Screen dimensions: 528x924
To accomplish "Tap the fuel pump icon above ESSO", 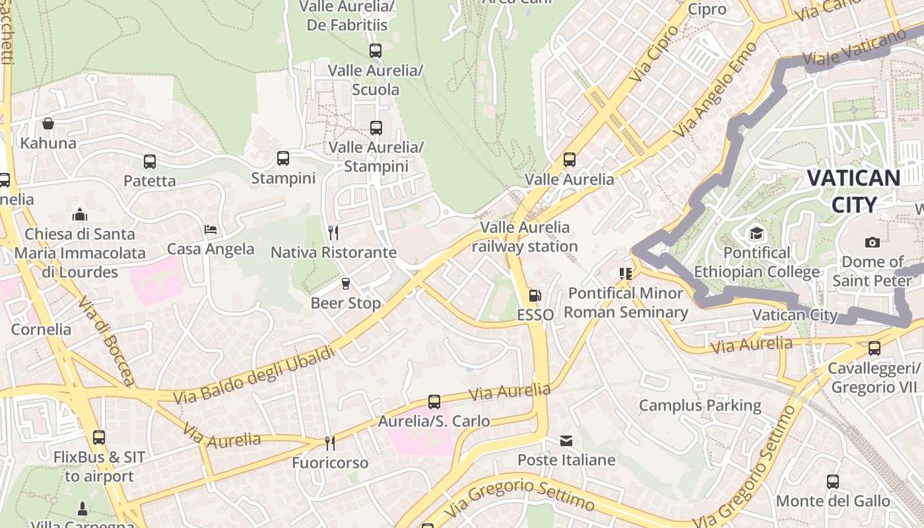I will tap(535, 296).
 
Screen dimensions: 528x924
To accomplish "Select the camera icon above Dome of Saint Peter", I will tap(872, 242).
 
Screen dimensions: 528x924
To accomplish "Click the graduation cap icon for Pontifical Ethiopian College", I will tap(756, 233).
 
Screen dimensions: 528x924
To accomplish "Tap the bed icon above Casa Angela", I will tap(211, 230).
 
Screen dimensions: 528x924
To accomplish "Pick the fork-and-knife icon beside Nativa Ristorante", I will tap(333, 233).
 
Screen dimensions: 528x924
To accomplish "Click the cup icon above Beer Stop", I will tap(345, 284).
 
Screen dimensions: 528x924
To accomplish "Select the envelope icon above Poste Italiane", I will tap(566, 440).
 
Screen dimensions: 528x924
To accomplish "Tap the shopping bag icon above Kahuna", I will tap(48, 123).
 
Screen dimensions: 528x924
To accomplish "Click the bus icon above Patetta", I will tap(150, 161).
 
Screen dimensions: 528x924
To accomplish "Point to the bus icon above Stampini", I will tap(283, 158).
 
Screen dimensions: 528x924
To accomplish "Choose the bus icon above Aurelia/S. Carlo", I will tap(434, 401).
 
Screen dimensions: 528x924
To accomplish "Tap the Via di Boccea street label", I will tap(106, 340).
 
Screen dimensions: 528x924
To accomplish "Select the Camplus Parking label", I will tap(700, 405).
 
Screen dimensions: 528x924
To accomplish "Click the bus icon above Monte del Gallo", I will tap(833, 482).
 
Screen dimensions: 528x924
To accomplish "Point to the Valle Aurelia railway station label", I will tap(525, 237).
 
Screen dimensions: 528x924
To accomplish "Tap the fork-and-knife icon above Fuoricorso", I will tap(329, 443).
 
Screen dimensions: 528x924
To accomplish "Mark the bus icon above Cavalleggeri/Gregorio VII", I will tap(874, 348).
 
